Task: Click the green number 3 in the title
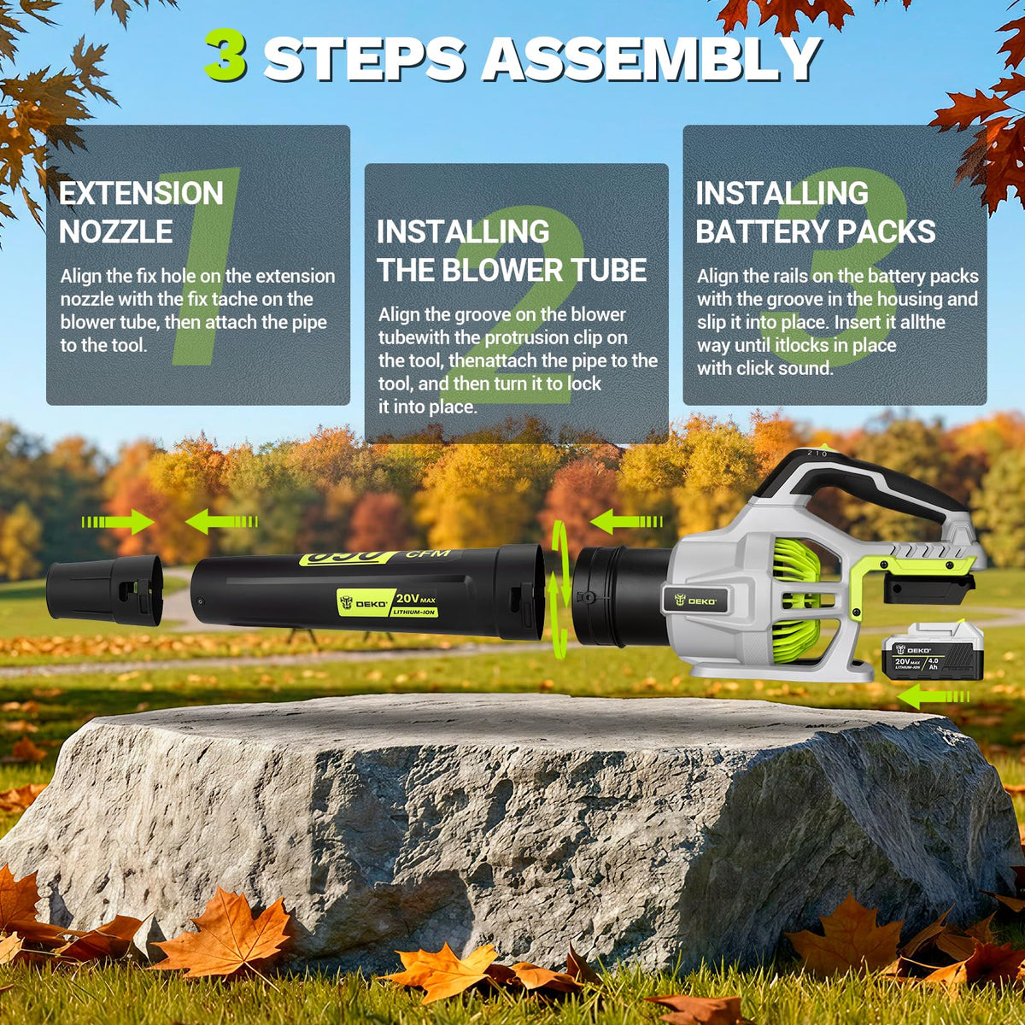226,55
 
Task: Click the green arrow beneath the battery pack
933,696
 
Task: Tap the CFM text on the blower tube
428,555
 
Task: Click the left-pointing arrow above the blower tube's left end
221,522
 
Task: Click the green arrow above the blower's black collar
626,521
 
